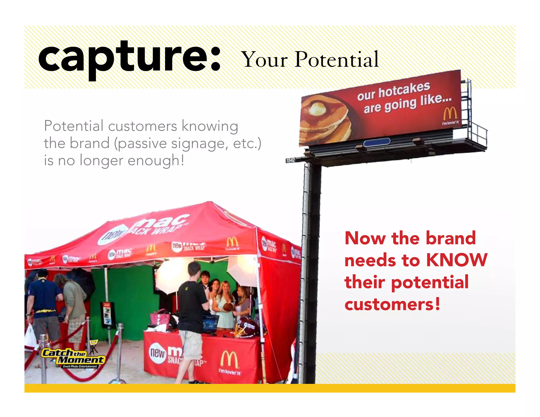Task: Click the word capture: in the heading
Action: [x=129, y=58]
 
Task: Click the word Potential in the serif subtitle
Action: [x=337, y=60]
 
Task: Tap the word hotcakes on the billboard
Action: [x=404, y=90]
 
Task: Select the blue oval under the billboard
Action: [x=377, y=142]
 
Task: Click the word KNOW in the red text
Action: [x=457, y=260]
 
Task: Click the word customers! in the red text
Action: [x=392, y=304]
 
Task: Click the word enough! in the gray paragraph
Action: [x=156, y=161]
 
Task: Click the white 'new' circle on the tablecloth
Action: [x=157, y=352]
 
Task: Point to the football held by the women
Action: [x=227, y=307]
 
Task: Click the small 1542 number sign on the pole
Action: [x=290, y=160]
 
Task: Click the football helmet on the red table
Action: [x=247, y=327]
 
